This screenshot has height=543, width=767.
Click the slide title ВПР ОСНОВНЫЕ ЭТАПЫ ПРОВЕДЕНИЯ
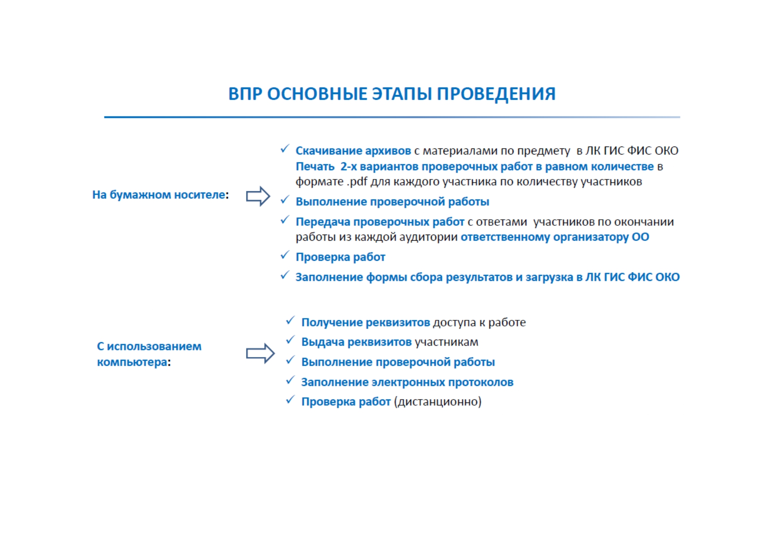click(392, 94)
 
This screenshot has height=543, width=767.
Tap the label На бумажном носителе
click(159, 195)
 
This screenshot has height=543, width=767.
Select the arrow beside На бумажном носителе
click(258, 196)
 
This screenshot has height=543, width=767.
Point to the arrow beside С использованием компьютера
click(260, 353)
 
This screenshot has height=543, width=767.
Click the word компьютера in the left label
click(132, 362)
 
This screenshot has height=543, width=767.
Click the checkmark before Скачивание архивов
click(285, 149)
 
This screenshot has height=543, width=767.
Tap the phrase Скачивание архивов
click(353, 151)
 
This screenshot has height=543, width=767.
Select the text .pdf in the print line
click(357, 182)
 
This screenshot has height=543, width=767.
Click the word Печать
click(315, 166)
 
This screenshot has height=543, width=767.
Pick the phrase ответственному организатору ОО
click(555, 237)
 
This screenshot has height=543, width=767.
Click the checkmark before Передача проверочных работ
click(285, 220)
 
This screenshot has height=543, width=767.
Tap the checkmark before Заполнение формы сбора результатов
click(285, 275)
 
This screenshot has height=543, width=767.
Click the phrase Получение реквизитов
click(366, 322)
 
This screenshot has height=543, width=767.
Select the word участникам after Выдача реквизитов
click(447, 342)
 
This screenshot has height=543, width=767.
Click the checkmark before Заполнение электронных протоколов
click(290, 380)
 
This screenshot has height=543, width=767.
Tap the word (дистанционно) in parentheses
click(437, 402)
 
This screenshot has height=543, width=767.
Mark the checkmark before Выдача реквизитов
click(290, 340)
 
